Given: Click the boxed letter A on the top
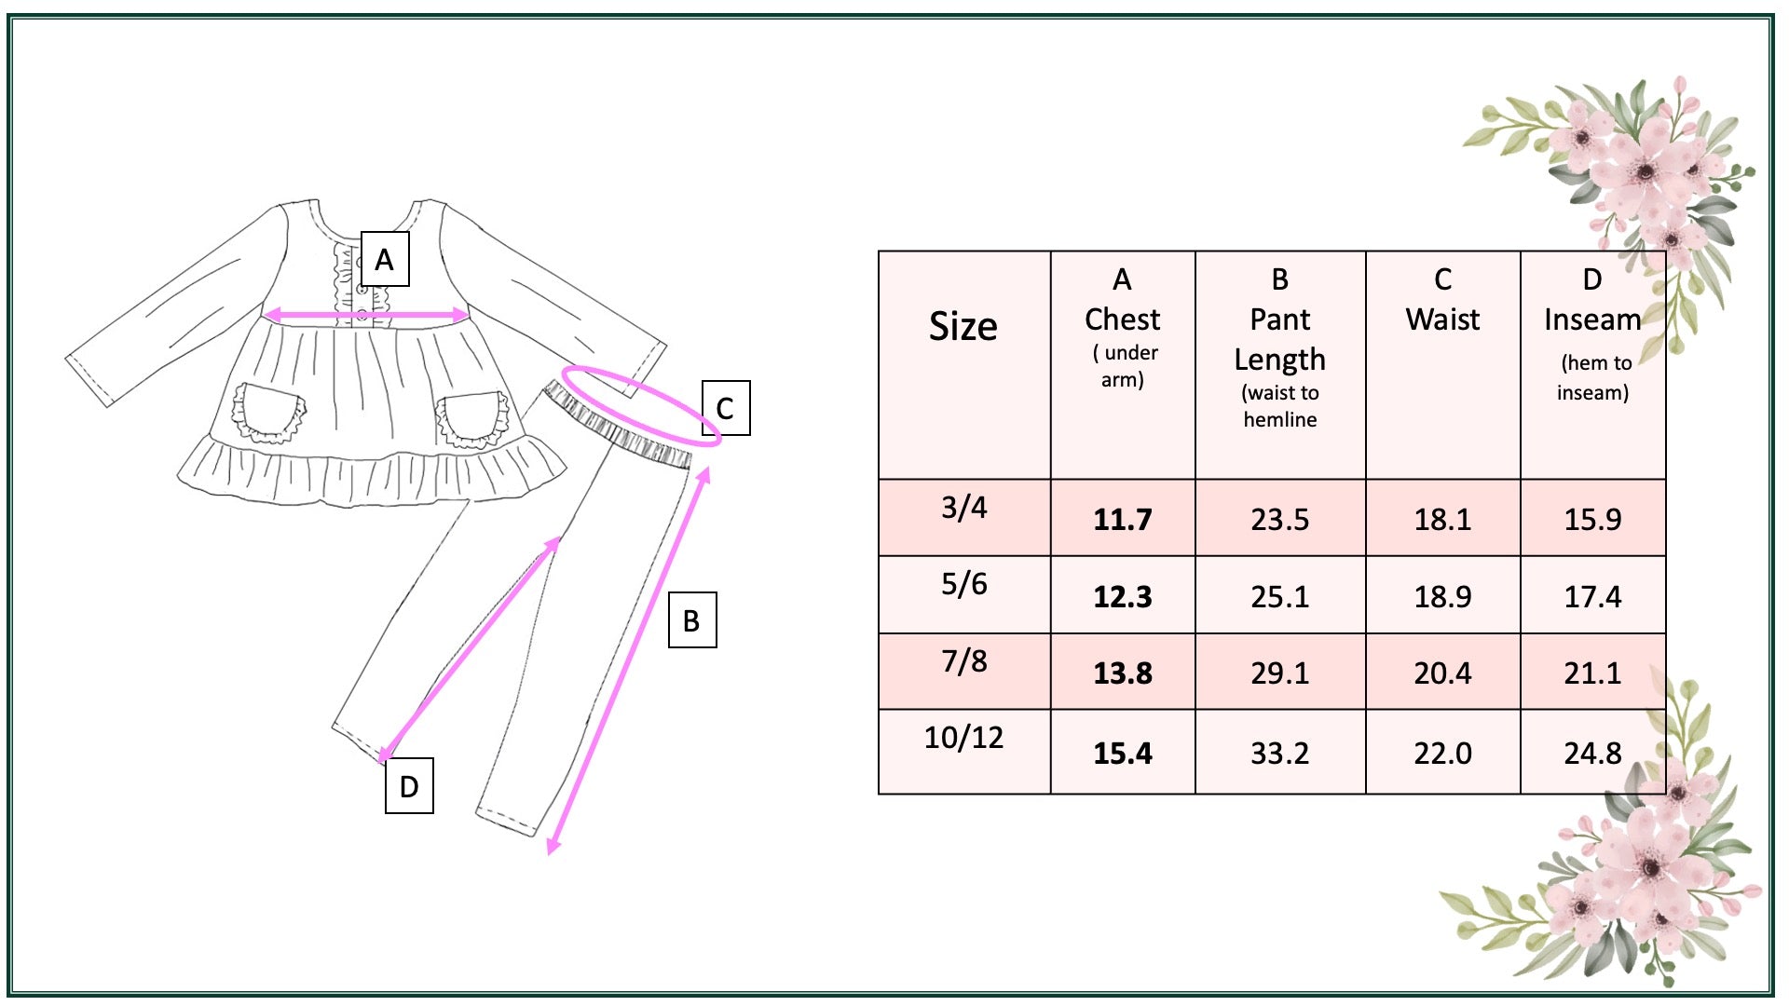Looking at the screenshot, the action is [385, 259].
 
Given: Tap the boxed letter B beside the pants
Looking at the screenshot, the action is [692, 619].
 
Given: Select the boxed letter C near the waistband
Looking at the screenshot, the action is [725, 408].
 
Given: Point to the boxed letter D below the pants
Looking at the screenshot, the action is [409, 786].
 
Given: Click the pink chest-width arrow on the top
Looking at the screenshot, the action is [367, 316].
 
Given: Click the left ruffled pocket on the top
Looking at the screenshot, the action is [268, 412].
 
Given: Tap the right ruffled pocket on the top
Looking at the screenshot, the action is [473, 418].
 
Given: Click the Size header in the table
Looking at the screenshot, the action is [963, 326].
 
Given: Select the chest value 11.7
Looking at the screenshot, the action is [1123, 519].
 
